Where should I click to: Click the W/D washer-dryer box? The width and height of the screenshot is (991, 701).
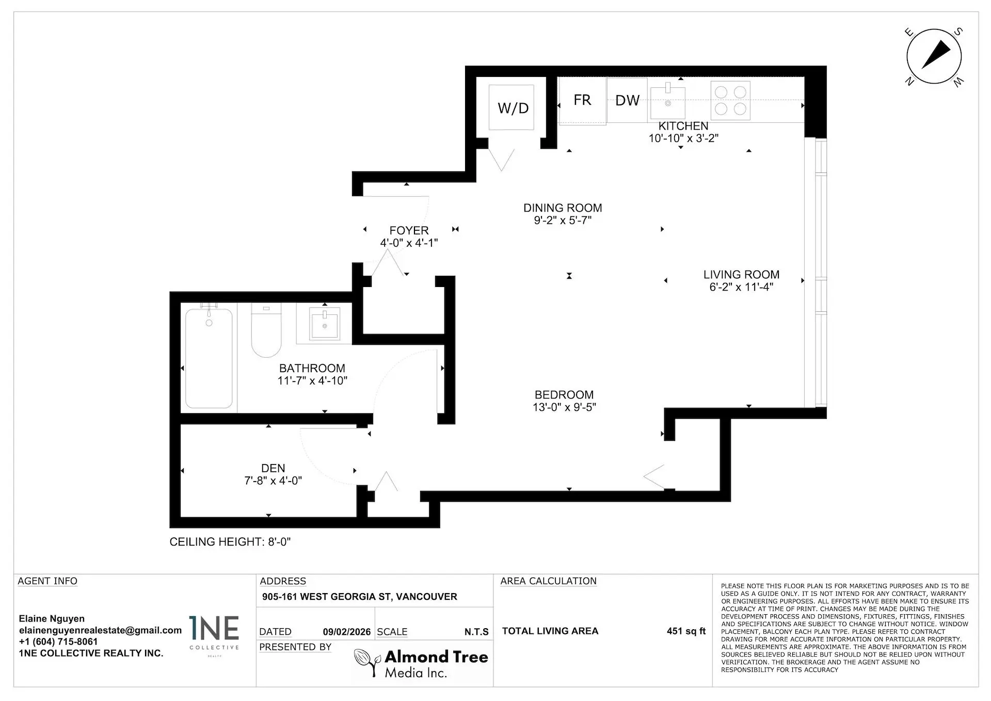(x=512, y=107)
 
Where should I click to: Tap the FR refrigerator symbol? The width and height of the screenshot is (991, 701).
(x=582, y=101)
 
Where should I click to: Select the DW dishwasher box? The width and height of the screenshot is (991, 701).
(x=627, y=101)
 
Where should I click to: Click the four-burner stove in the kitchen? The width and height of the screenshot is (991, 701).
(x=730, y=101)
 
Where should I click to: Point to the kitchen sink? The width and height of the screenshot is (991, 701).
(x=667, y=102)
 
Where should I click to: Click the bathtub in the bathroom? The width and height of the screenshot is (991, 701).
(x=209, y=358)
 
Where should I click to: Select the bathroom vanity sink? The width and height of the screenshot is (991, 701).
(x=325, y=324)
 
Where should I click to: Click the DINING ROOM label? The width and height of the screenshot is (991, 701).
(x=563, y=208)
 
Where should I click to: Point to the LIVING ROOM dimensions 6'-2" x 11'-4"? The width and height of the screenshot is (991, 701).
(x=741, y=288)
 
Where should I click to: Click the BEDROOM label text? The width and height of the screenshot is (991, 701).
(x=564, y=395)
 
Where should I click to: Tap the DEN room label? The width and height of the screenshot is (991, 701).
(x=273, y=468)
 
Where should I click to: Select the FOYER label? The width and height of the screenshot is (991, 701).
(x=409, y=231)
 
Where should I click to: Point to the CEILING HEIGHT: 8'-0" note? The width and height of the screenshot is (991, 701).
(x=230, y=542)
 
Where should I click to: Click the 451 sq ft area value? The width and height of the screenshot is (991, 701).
(x=686, y=631)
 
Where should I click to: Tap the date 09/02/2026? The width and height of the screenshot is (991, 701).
(x=347, y=632)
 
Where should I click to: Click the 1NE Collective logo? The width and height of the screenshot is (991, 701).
(x=214, y=634)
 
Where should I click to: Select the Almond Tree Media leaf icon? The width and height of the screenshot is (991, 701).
(x=367, y=662)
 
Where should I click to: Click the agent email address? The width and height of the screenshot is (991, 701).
(x=100, y=630)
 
